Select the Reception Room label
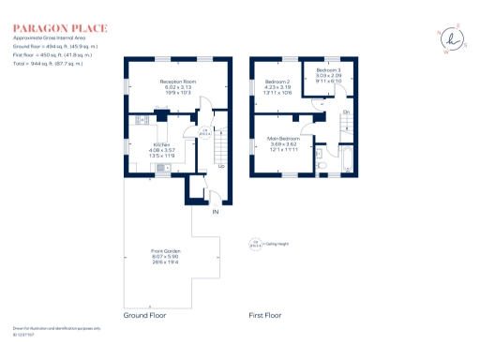[176, 82]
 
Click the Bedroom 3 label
[328, 70]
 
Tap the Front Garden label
[171, 251]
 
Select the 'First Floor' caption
[265, 316]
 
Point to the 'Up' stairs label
[221, 166]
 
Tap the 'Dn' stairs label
[345, 112]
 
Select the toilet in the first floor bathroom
[322, 165]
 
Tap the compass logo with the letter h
[456, 38]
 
